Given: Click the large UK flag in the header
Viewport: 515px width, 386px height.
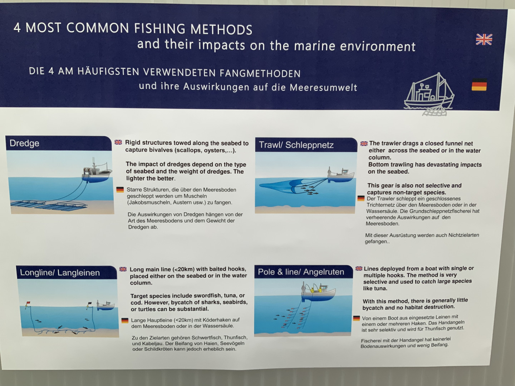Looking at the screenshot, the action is pos(484,39).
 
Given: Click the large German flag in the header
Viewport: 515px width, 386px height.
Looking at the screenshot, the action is pos(479,85).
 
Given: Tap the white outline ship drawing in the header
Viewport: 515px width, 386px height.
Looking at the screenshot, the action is pos(429,95).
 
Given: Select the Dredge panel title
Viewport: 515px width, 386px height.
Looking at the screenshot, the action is pos(24,143).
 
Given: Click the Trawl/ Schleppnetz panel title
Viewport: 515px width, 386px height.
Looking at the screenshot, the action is pos(296,145).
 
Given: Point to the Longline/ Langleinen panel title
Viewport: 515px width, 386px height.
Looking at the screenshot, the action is pos(60,273).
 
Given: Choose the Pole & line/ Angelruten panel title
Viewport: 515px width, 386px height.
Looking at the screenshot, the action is pos(301,272).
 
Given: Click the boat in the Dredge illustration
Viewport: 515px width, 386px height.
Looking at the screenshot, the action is pos(97,172).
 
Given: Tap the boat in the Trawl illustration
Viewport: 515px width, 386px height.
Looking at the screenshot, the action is pos(341,175).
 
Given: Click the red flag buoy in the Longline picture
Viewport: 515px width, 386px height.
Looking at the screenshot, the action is pos(28,304).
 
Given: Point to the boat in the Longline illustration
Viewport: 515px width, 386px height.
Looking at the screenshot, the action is pos(106,306).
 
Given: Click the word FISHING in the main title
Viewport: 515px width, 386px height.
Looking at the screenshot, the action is pos(160,29).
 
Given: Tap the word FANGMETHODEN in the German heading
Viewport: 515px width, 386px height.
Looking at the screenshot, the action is pos(260,74).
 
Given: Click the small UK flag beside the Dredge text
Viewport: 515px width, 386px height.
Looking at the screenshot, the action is pos(118,142).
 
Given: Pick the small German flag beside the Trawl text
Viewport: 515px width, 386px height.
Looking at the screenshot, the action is pos(361,198).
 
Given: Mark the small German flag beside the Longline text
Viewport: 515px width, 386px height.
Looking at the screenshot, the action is pos(125,320).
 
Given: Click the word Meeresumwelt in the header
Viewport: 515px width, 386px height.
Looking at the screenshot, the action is pos(323,88).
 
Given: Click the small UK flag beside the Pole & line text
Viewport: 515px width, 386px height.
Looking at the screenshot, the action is pos(359,268).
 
